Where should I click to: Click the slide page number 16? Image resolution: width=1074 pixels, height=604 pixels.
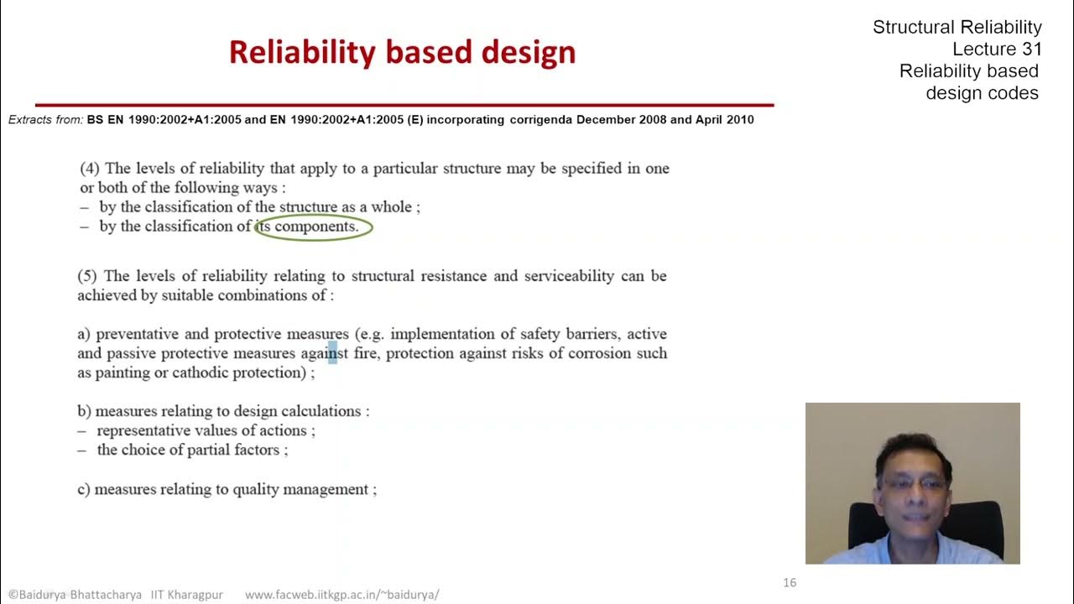(789, 582)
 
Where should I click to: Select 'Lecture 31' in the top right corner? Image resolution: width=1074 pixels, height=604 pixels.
(997, 49)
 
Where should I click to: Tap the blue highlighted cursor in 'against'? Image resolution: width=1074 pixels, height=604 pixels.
(332, 353)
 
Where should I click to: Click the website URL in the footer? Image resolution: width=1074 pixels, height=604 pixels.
(341, 595)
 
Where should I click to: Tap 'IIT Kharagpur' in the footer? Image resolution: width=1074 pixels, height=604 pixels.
(186, 595)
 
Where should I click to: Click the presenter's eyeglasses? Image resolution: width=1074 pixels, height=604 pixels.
(912, 484)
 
